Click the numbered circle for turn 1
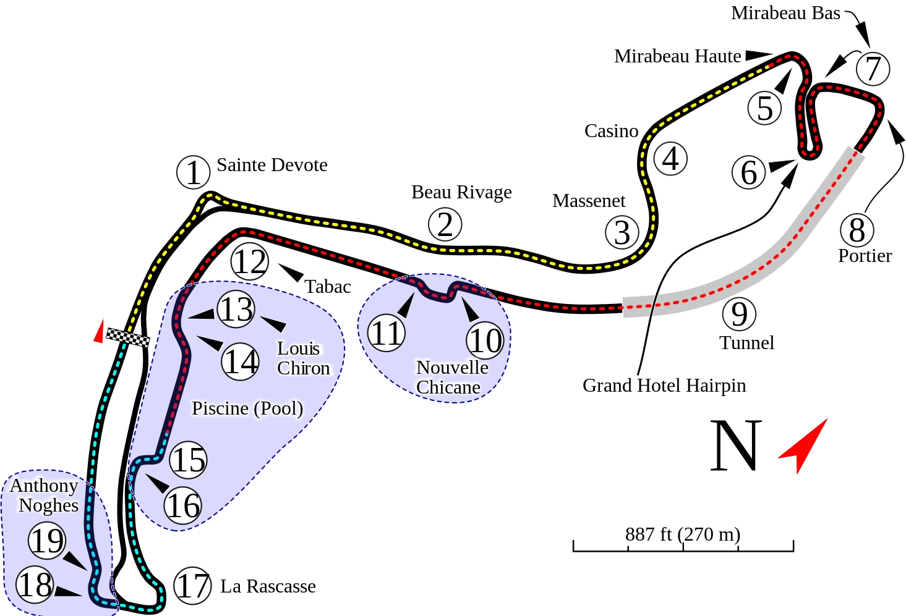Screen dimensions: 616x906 [x=194, y=172]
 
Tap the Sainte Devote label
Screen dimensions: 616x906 [x=271, y=165]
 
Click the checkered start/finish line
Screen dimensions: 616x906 [x=128, y=337]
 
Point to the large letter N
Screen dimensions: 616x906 [x=736, y=445]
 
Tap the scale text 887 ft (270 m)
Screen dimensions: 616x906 [x=682, y=534]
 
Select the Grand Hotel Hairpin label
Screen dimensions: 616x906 [x=664, y=386]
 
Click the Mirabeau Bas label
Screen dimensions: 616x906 [x=785, y=13]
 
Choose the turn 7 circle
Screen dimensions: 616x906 [x=873, y=69]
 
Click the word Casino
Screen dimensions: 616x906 [x=611, y=131]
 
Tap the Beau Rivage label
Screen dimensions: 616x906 [x=461, y=192]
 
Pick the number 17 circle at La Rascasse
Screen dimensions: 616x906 [x=192, y=585]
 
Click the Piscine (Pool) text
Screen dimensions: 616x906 [x=247, y=408]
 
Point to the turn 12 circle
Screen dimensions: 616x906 [x=250, y=262]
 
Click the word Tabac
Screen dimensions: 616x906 [x=328, y=287]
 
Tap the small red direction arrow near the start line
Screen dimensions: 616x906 [x=98, y=332]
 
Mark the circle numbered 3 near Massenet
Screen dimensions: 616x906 [x=622, y=232]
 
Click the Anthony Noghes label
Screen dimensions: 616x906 [x=45, y=496]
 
